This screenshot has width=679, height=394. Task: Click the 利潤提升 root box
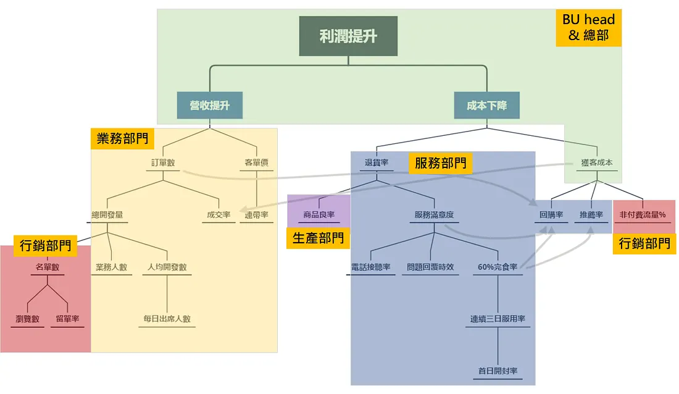tap(348, 36)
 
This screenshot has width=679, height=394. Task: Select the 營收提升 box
tap(209, 106)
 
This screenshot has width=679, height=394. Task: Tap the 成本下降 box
tap(486, 106)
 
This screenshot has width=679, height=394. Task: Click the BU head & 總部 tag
tap(588, 28)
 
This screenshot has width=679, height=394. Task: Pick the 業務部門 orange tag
tap(123, 138)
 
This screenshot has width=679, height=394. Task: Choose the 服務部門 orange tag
tap(440, 164)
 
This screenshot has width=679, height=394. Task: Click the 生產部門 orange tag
tap(318, 238)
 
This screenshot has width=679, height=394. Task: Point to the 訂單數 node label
tap(164, 163)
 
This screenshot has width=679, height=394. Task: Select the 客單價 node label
tap(256, 163)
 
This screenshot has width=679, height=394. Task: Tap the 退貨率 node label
tap(377, 163)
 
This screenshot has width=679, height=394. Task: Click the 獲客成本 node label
tap(597, 163)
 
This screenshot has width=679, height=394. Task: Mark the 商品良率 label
tap(319, 216)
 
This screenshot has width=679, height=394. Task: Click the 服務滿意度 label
tap(434, 216)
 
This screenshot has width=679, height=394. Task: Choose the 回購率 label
tap(551, 216)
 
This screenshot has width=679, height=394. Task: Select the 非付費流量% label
tap(643, 216)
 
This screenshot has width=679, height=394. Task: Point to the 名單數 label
tap(47, 267)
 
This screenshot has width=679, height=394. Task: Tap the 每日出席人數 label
tap(167, 319)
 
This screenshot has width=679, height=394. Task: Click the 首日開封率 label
tap(498, 371)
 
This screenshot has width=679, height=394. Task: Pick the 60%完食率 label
tap(498, 267)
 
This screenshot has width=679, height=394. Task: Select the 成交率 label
tap(219, 216)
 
